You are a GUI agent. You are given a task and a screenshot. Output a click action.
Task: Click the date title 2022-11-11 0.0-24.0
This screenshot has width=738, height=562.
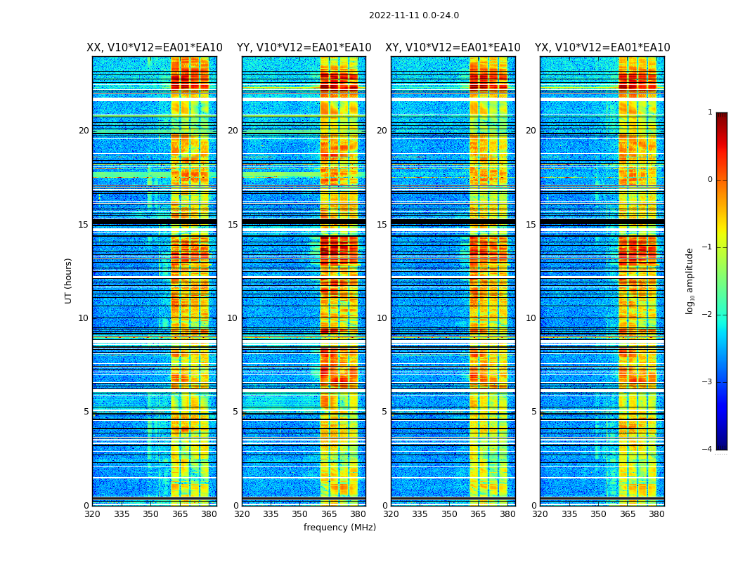click(414, 15)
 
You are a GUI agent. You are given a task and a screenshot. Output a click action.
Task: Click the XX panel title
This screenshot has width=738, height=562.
click(155, 48)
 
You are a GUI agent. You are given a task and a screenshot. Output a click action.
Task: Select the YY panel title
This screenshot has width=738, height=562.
click(304, 48)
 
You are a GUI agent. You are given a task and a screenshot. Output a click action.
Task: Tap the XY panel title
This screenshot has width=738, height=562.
click(453, 48)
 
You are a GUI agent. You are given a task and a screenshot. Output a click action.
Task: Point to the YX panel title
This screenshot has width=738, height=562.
click(602, 48)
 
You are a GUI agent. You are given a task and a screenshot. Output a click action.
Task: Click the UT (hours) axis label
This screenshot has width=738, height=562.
click(69, 280)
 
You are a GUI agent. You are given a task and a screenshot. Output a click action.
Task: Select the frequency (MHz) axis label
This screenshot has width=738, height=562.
click(339, 528)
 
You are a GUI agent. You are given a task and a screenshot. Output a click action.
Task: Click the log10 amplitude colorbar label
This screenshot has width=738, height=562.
click(690, 280)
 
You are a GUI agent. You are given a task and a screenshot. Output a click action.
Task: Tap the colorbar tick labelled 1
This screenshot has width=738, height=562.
click(710, 112)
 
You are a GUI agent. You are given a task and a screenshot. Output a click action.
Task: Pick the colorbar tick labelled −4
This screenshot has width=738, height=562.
click(708, 450)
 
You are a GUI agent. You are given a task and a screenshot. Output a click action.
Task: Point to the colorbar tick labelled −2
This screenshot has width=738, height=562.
click(708, 315)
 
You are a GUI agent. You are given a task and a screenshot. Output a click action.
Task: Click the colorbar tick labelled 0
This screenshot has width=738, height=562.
click(710, 180)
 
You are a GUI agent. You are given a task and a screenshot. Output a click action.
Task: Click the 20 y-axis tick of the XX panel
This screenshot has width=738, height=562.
click(84, 131)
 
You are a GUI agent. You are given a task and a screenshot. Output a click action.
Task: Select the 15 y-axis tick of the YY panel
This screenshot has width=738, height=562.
click(233, 225)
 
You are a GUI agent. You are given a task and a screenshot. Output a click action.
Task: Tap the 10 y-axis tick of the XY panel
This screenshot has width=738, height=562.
click(382, 318)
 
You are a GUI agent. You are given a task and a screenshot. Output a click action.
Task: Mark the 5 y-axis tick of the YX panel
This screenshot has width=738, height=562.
click(533, 412)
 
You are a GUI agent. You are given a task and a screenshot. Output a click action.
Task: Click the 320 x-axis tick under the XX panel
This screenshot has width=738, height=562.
click(92, 514)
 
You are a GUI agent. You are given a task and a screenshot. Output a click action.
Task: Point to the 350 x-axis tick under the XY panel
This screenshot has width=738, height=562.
click(449, 514)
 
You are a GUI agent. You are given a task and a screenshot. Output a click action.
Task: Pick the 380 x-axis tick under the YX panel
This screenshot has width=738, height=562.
click(656, 514)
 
